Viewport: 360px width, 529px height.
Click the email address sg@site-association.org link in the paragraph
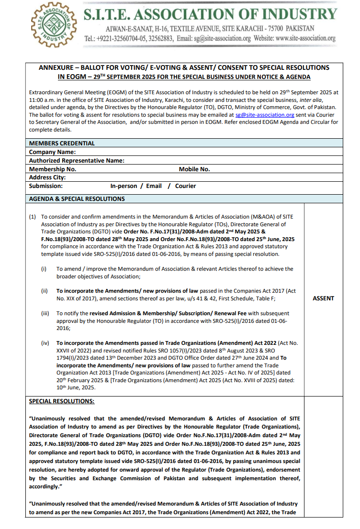265,115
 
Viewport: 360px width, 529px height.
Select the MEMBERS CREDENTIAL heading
62,143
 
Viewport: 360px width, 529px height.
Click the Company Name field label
53,152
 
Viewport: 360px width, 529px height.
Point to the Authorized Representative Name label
77,161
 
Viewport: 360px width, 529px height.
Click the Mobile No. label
194,169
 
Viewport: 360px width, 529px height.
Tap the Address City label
47,177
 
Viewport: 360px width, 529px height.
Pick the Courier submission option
185,186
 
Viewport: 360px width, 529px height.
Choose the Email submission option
154,186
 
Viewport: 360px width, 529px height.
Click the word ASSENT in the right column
323,298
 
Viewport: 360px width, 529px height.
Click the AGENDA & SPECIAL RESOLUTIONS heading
77,199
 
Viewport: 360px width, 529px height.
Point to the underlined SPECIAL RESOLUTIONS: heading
62,401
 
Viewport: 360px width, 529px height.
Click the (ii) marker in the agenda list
44,291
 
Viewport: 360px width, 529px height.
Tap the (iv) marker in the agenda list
45,343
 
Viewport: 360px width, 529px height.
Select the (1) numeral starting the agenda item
32,217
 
